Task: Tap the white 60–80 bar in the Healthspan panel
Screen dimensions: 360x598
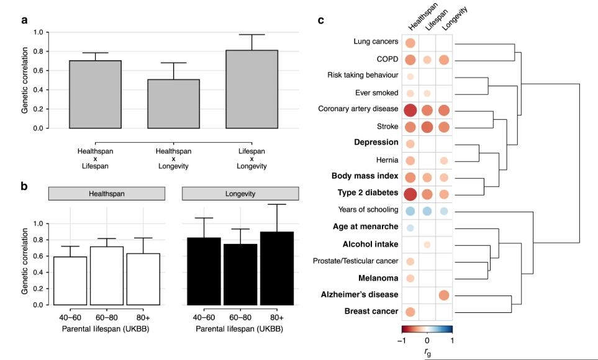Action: tap(107, 276)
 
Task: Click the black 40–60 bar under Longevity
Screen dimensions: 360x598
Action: tap(204, 271)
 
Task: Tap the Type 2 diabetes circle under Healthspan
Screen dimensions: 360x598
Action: tap(410, 194)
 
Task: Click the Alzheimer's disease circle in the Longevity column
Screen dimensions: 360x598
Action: tap(443, 295)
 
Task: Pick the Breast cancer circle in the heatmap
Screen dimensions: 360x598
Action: tap(410, 312)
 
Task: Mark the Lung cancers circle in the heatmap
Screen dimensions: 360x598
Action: tap(410, 43)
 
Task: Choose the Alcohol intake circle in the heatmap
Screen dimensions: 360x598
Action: tap(427, 245)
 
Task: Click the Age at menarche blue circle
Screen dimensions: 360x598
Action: tap(410, 228)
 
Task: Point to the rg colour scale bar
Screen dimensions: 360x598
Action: tap(427, 330)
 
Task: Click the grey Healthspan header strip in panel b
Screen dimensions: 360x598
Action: tap(106, 194)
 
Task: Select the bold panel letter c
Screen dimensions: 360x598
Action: tap(321, 20)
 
